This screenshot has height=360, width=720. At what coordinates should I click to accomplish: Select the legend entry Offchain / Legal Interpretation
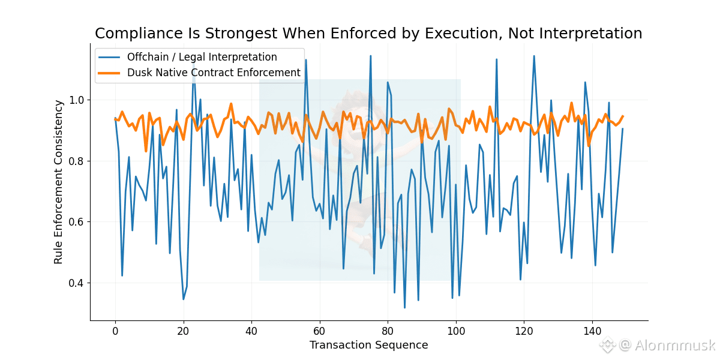(x=202, y=58)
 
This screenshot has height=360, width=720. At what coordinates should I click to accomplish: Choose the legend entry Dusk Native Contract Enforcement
(x=214, y=73)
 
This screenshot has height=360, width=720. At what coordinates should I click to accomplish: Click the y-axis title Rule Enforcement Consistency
(x=58, y=182)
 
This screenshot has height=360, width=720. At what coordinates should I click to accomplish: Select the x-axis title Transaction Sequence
(x=368, y=345)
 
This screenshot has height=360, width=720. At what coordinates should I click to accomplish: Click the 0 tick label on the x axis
(x=115, y=331)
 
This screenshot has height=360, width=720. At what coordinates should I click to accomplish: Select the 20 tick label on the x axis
(x=184, y=331)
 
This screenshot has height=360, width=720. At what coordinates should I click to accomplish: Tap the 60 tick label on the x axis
(x=320, y=331)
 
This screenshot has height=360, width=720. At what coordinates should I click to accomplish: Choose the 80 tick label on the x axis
(x=388, y=331)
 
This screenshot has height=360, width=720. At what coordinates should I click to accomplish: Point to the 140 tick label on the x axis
(x=592, y=331)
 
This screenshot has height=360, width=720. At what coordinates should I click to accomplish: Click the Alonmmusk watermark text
(x=675, y=345)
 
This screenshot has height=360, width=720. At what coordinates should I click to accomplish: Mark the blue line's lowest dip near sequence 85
(x=404, y=307)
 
